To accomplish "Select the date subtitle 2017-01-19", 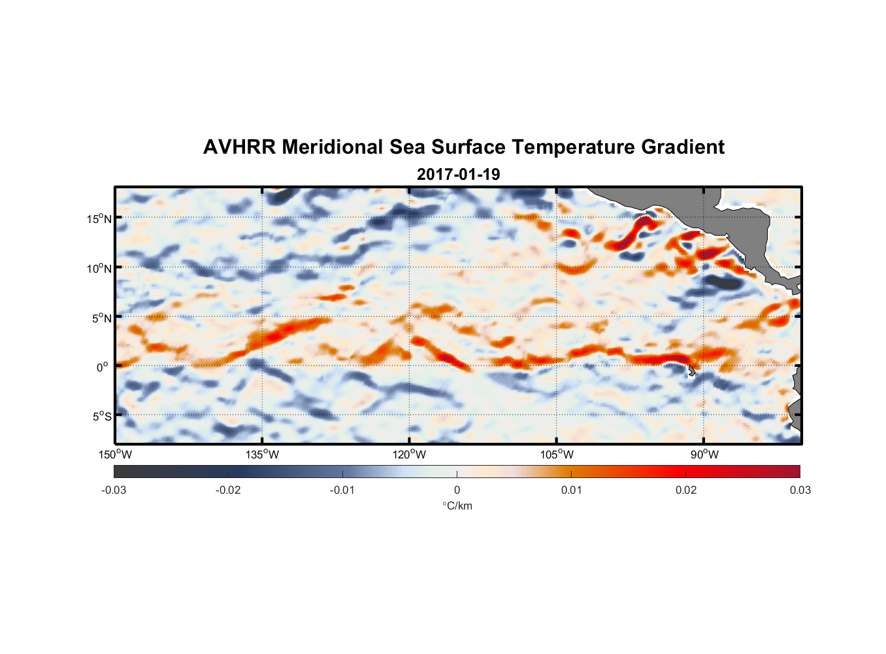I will coord(458,175).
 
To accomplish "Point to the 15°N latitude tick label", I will coord(99,218).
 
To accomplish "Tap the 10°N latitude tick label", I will coord(99,268).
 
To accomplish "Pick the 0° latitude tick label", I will coord(103,368).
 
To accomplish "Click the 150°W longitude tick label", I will coord(116,455).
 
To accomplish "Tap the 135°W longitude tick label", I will coord(263,455).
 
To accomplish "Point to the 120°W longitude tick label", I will coord(410,455).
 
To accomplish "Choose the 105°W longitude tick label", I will coord(557,455).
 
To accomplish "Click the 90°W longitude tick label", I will coord(704,455).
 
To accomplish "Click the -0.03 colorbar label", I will coord(114,490).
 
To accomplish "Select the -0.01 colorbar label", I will coord(342,490).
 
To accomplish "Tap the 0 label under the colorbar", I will coord(457,490).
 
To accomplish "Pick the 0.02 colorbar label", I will coord(686,490).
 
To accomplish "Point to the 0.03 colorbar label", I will coord(800,490).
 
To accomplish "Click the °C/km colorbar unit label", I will coord(457,506).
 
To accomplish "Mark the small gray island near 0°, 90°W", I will coord(691,371).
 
